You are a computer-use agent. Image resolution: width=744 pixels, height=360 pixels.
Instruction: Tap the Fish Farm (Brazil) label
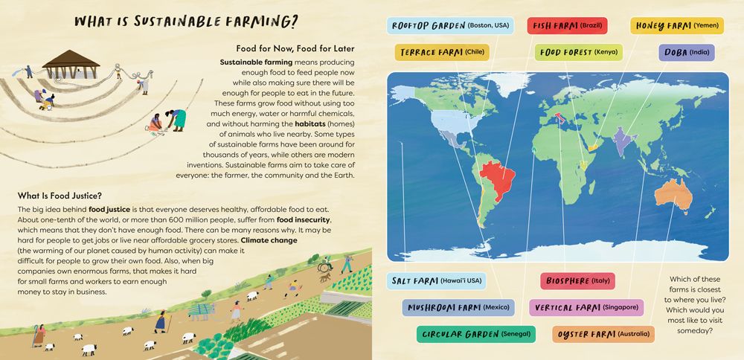pyautogui.click(x=567, y=26)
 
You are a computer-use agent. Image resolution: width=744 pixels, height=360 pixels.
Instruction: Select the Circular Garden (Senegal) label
pyautogui.click(x=475, y=334)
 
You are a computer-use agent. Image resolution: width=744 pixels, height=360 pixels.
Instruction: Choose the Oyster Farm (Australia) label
pyautogui.click(x=603, y=334)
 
